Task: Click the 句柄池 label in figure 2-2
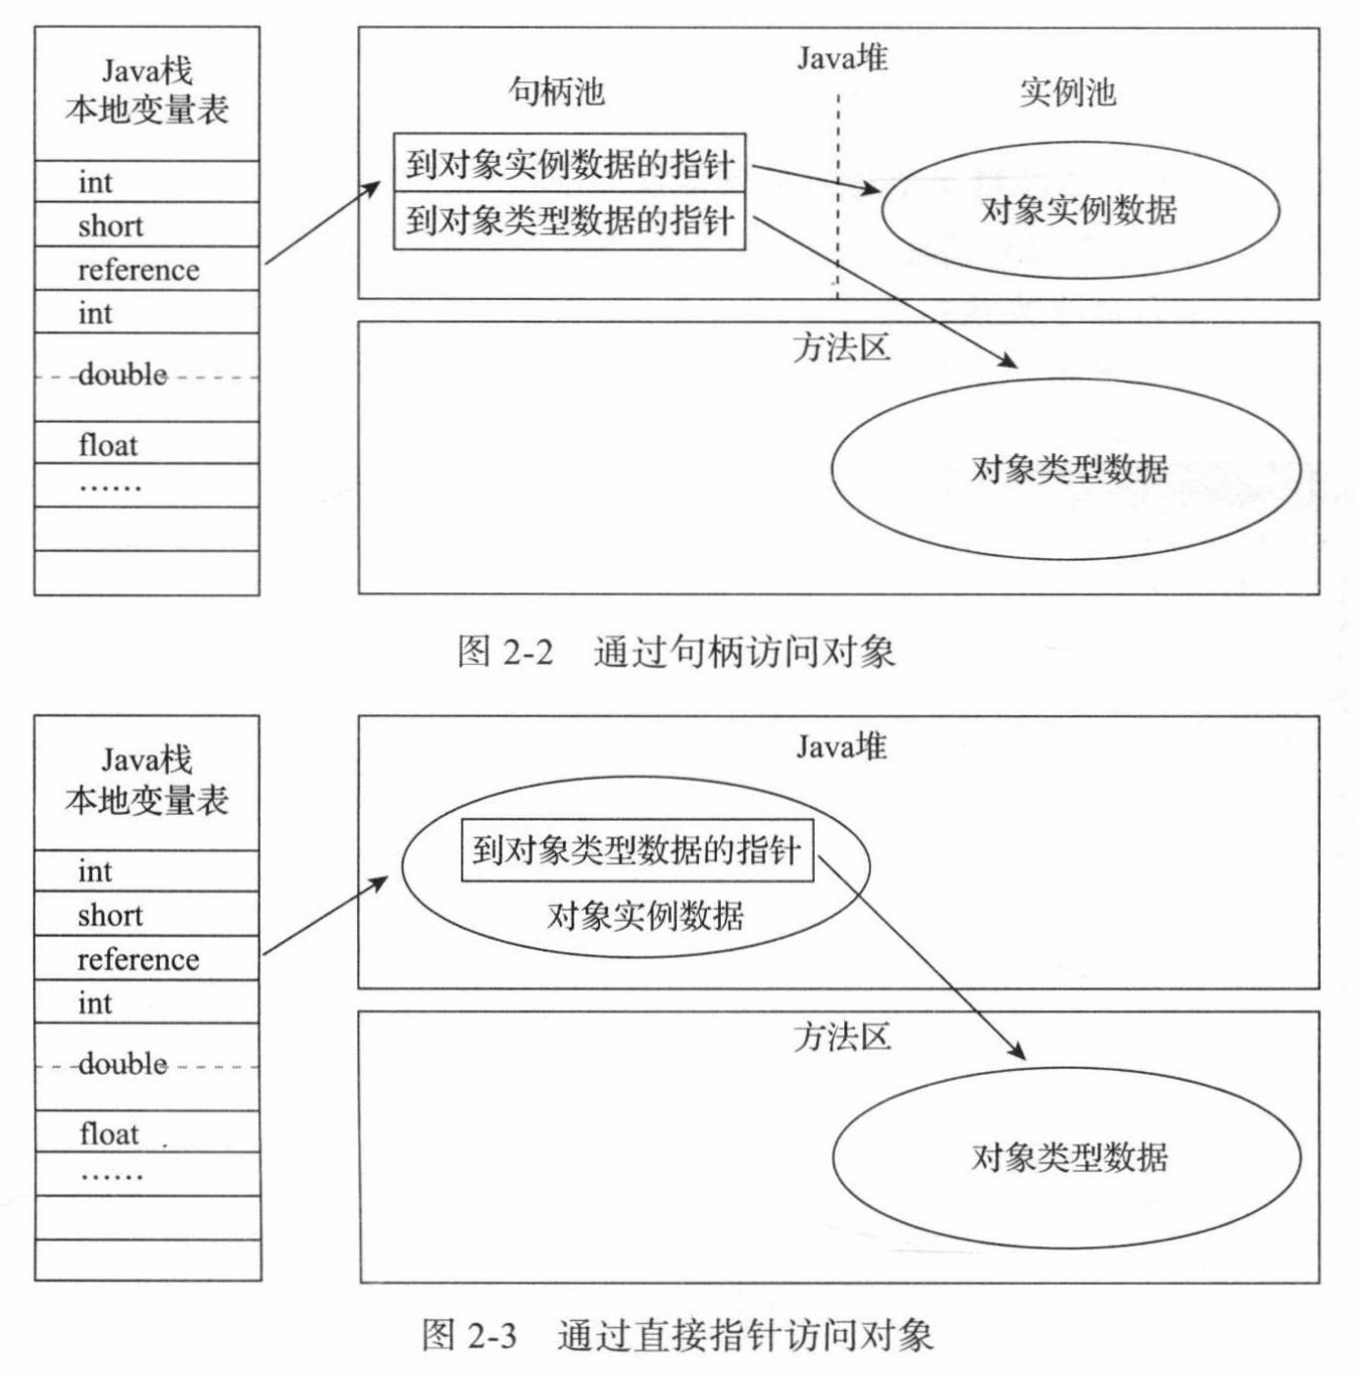[x=556, y=91]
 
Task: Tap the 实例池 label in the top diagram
[x=1068, y=92]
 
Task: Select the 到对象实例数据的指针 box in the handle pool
[x=570, y=164]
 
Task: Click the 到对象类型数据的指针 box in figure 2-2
[x=570, y=221]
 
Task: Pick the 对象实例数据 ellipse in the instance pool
[x=1080, y=210]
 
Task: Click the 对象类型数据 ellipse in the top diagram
[x=1068, y=469]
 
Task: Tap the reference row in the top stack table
[x=146, y=270]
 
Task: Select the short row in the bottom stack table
[x=146, y=915]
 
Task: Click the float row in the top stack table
[x=146, y=445]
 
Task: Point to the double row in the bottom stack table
[x=146, y=1065]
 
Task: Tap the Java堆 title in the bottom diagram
[x=841, y=747]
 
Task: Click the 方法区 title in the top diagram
[x=841, y=348]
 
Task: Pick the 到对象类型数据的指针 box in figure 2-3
[x=637, y=850]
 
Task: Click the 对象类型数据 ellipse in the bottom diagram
[x=1068, y=1157]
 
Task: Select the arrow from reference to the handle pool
[x=322, y=223]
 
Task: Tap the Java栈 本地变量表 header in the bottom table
[x=147, y=781]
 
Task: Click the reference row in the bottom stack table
[x=146, y=959]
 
